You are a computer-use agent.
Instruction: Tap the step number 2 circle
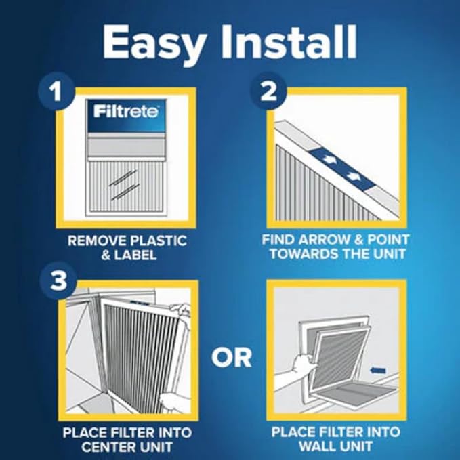(x=270, y=91)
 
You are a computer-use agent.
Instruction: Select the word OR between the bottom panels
(x=231, y=356)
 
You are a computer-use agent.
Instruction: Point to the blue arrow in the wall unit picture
(x=379, y=371)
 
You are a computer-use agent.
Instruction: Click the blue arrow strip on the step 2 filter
(x=338, y=167)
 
